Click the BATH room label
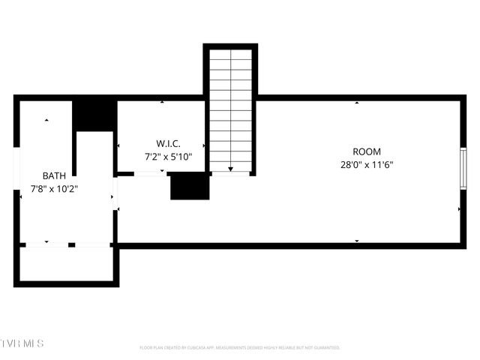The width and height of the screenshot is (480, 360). tap(54, 175)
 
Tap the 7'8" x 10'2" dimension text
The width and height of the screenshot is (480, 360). tap(54, 188)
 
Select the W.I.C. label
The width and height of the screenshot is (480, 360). tap(168, 143)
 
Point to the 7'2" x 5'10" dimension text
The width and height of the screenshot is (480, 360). tap(168, 157)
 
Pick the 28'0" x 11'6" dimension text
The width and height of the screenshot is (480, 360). tap(367, 164)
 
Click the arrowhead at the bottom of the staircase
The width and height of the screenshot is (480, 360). tap(230, 169)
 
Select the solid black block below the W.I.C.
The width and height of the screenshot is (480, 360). tap(189, 187)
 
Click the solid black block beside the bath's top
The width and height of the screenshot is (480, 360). tap(94, 114)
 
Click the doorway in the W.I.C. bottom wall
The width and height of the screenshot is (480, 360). tap(150, 174)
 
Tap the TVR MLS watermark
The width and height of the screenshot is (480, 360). tap(22, 343)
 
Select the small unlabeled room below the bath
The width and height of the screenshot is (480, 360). tap(66, 263)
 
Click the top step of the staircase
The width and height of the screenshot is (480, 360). tap(230, 55)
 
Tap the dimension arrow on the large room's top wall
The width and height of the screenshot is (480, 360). tap(357, 102)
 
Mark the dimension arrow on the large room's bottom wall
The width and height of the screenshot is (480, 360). tap(357, 240)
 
